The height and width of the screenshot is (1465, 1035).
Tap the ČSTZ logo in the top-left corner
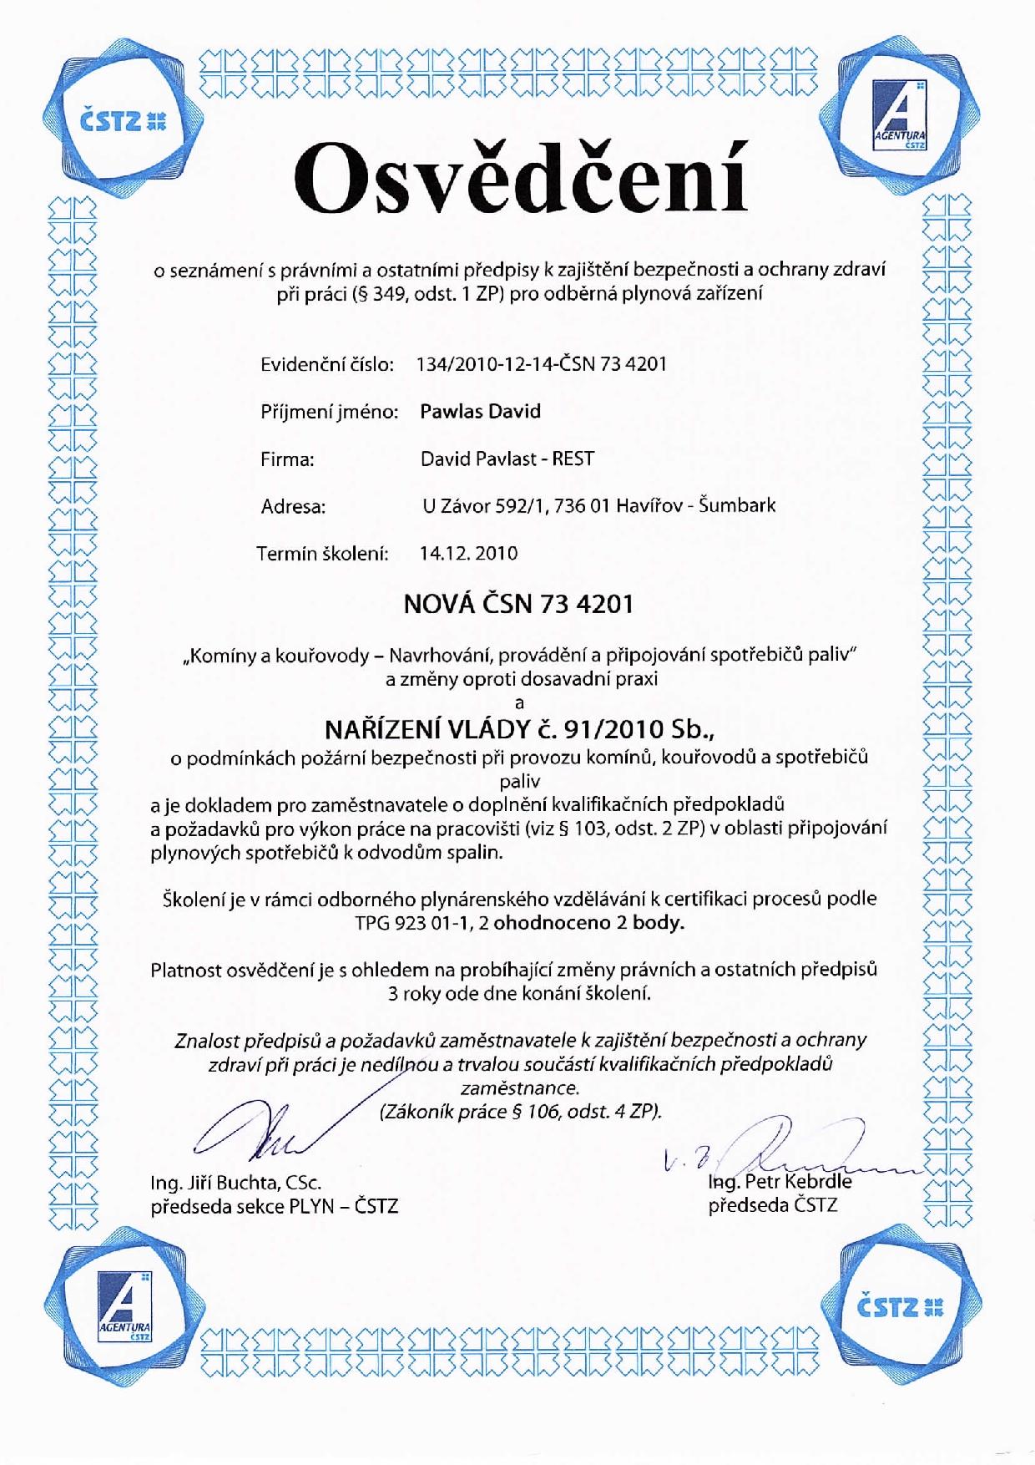click(x=124, y=120)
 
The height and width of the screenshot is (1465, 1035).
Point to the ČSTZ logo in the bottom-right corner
click(x=900, y=1306)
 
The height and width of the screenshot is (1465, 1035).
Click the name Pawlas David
click(x=480, y=411)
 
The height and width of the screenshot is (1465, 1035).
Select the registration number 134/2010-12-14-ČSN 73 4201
click(x=541, y=364)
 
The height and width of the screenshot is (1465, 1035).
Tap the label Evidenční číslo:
click(x=327, y=364)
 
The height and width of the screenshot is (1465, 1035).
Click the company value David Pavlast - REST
click(x=507, y=459)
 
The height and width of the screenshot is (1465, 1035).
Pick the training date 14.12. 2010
click(x=468, y=553)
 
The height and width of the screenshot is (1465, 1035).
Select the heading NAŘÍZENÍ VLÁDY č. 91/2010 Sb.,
click(x=519, y=729)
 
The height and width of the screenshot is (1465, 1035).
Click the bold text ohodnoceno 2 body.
click(x=588, y=923)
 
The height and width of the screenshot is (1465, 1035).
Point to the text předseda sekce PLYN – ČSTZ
click(x=274, y=1206)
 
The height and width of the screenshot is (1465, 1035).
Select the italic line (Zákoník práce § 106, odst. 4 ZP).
click(x=520, y=1112)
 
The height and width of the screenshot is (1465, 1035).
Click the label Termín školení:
click(x=323, y=553)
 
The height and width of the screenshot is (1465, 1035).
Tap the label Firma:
click(x=288, y=459)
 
